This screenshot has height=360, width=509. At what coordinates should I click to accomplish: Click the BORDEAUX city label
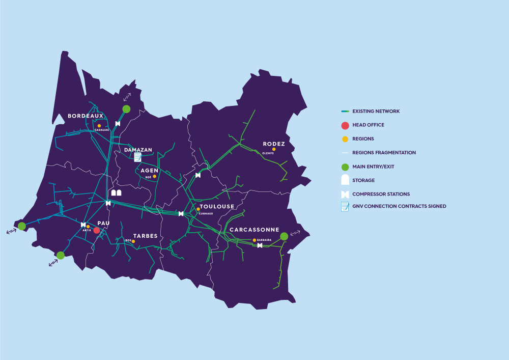point(86,116)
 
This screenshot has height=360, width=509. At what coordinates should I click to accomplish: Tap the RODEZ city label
point(274,144)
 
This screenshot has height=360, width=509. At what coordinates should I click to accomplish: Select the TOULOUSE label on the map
point(217,207)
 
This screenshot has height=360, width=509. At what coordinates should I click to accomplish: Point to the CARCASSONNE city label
point(254,230)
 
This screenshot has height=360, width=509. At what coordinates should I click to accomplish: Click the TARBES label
point(146,236)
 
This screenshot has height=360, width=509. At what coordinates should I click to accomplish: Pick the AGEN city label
point(150,171)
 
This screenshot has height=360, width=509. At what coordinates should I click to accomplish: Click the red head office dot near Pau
point(96,231)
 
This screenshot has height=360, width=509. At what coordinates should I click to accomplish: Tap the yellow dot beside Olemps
point(274,149)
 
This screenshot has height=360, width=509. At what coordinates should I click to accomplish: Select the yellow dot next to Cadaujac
point(99,125)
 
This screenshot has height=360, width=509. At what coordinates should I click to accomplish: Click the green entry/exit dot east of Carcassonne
point(284,236)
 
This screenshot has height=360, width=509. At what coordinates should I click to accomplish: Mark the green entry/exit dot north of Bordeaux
point(126,108)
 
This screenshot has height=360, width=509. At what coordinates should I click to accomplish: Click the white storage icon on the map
point(117,193)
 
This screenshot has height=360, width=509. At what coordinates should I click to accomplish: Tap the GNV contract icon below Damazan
point(137,157)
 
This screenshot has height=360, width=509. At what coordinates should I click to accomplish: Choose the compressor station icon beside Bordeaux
point(118,124)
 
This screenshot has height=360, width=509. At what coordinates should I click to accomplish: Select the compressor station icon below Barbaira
point(260,245)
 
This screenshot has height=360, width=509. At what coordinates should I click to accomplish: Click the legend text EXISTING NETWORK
point(376,111)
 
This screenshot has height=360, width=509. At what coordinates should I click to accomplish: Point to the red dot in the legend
point(345,125)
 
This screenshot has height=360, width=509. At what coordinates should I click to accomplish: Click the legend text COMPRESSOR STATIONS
point(381,194)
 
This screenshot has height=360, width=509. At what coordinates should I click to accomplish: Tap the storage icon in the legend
point(345,180)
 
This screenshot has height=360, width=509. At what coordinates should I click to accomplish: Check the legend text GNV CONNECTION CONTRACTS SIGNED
point(399,206)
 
